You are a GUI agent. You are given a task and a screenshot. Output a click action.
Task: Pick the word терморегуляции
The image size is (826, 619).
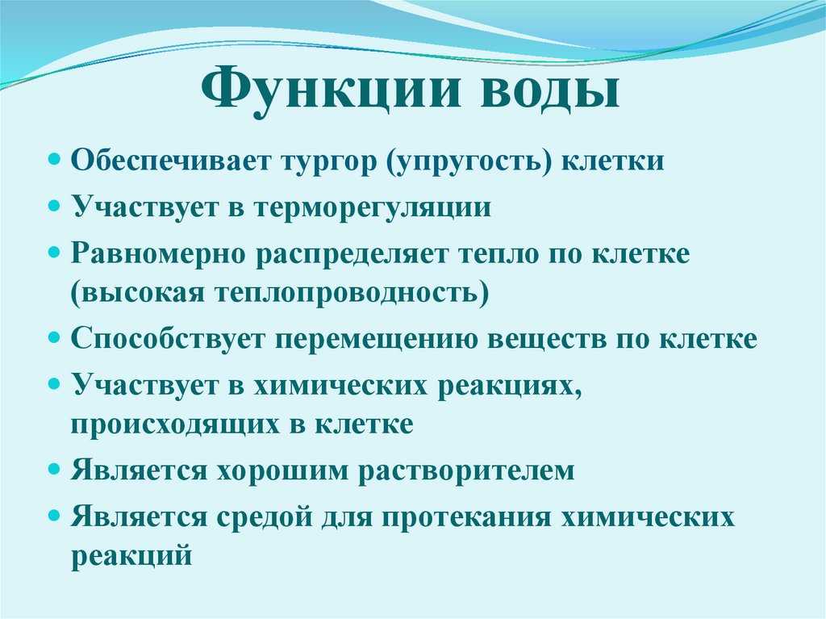pos(372,207)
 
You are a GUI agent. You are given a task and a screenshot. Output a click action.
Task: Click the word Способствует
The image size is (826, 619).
pos(167,338)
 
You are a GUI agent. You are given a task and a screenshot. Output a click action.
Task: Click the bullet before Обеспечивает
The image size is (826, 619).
pos(54,159)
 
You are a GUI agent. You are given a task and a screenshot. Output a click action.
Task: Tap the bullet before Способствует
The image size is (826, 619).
pos(54,337)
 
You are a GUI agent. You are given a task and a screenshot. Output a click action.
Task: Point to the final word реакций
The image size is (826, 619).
pos(131,556)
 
